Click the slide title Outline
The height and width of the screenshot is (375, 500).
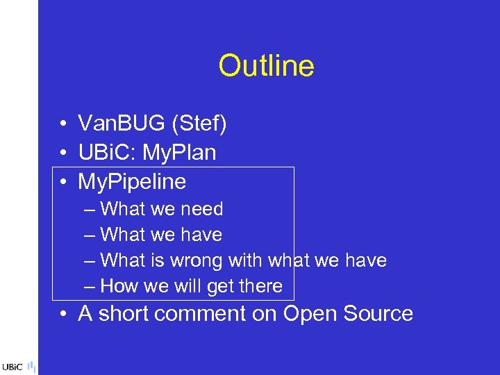(266, 66)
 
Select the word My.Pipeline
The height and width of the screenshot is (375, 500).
(132, 182)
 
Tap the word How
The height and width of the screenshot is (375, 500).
(118, 286)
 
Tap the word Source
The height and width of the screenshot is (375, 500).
(379, 314)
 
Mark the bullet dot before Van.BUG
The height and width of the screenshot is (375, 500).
(62, 126)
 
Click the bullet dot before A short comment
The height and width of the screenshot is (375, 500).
(62, 315)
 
